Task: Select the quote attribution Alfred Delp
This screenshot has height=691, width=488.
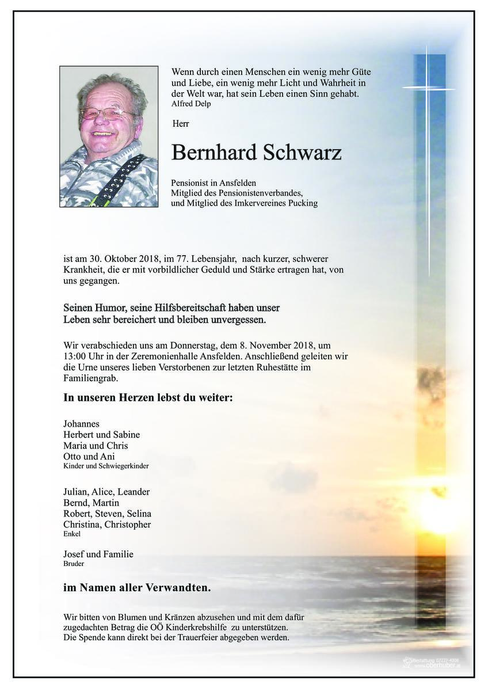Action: (191, 104)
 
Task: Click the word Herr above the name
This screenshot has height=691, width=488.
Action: (181, 123)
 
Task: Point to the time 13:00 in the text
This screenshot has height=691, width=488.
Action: (76, 356)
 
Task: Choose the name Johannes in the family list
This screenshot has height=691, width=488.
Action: (82, 423)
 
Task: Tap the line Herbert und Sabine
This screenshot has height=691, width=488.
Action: (102, 434)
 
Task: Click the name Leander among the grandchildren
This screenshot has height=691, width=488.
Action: (134, 492)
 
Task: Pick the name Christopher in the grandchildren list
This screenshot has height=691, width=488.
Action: (128, 525)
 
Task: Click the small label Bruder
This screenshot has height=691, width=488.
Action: (74, 564)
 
